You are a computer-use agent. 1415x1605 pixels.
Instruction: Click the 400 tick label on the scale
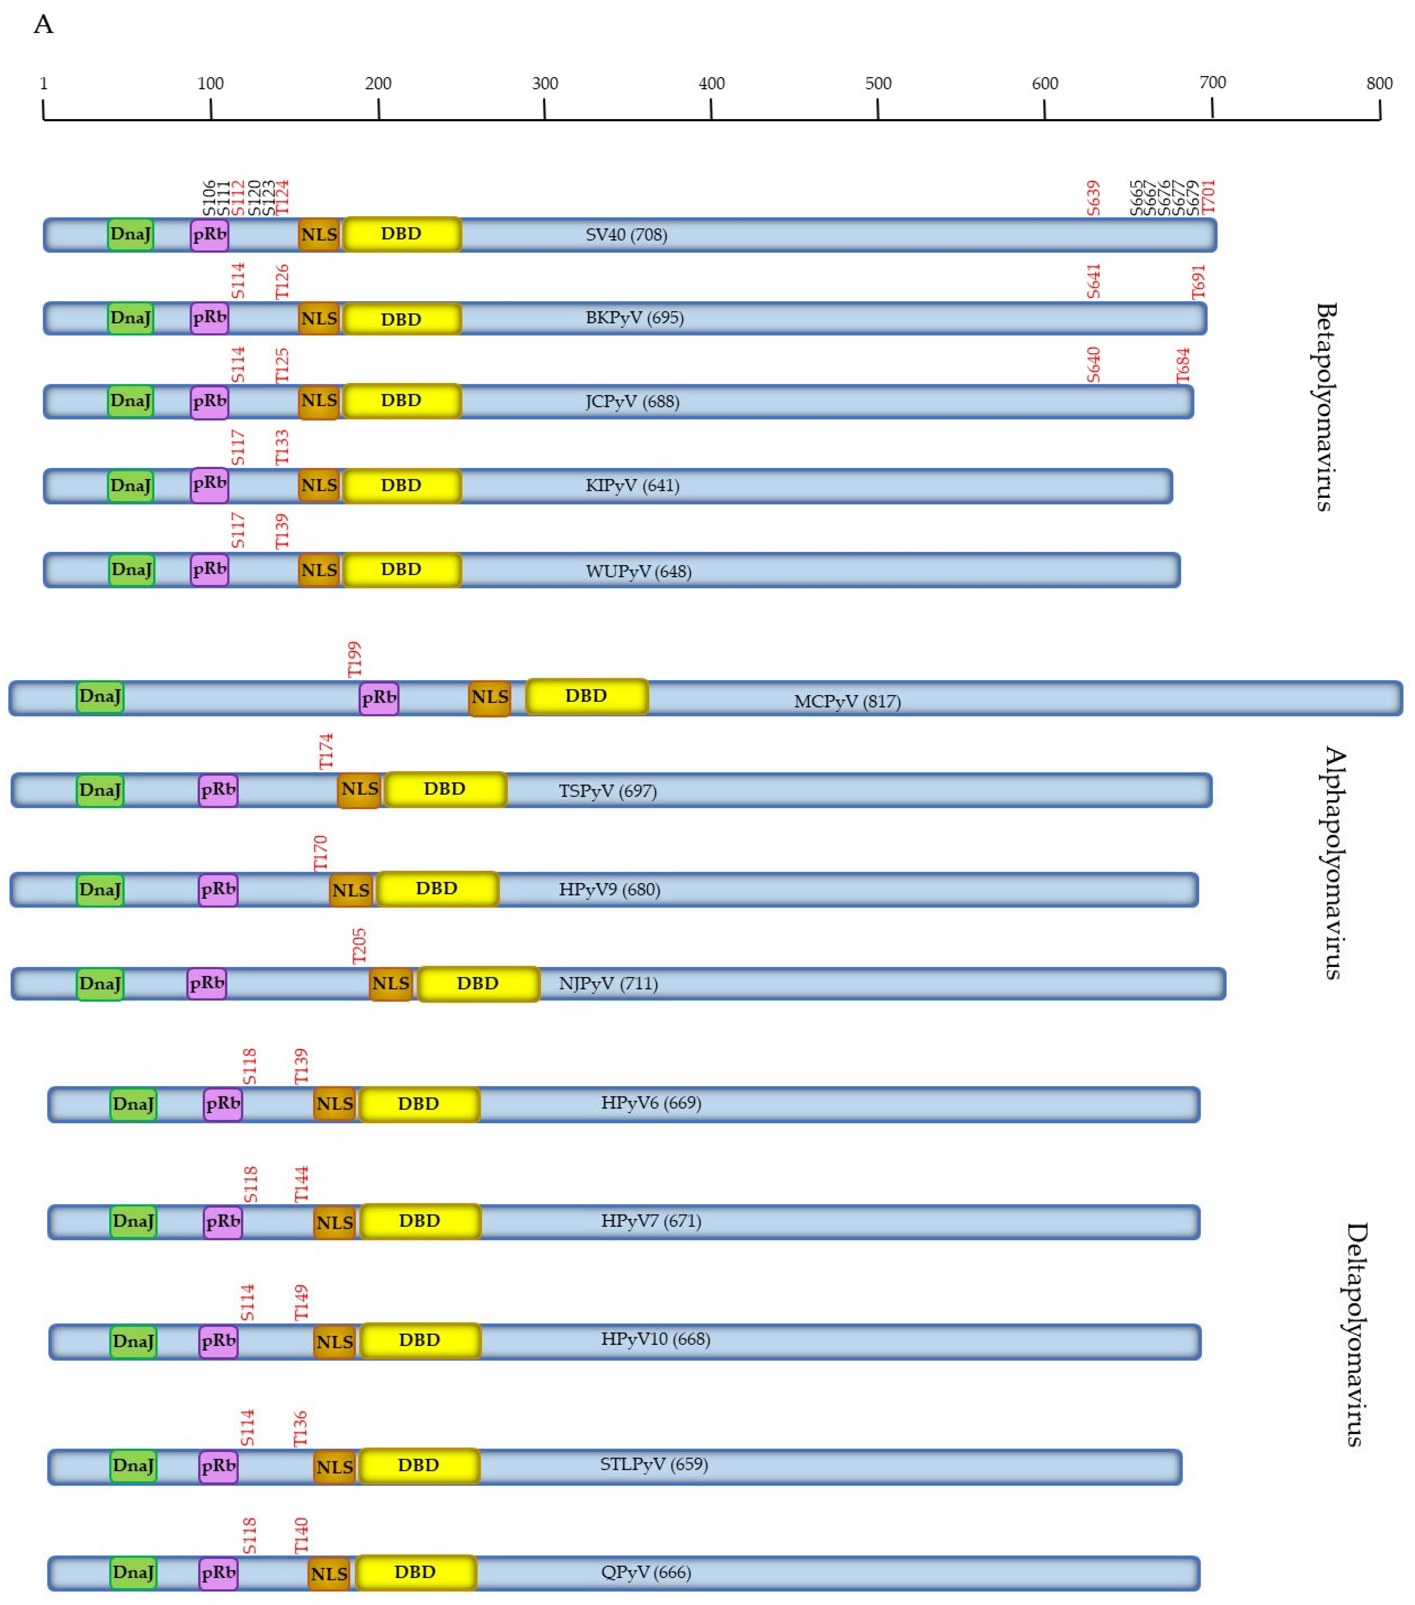point(711,83)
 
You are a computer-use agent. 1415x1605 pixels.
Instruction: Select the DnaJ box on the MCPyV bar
point(100,697)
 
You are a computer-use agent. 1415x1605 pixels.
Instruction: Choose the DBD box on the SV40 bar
point(401,234)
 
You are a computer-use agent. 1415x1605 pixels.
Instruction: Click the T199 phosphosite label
point(355,659)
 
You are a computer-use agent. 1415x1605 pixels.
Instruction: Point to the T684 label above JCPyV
point(1183,365)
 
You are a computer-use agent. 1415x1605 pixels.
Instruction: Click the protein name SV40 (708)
point(626,235)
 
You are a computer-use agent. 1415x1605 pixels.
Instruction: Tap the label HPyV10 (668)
point(656,1339)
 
